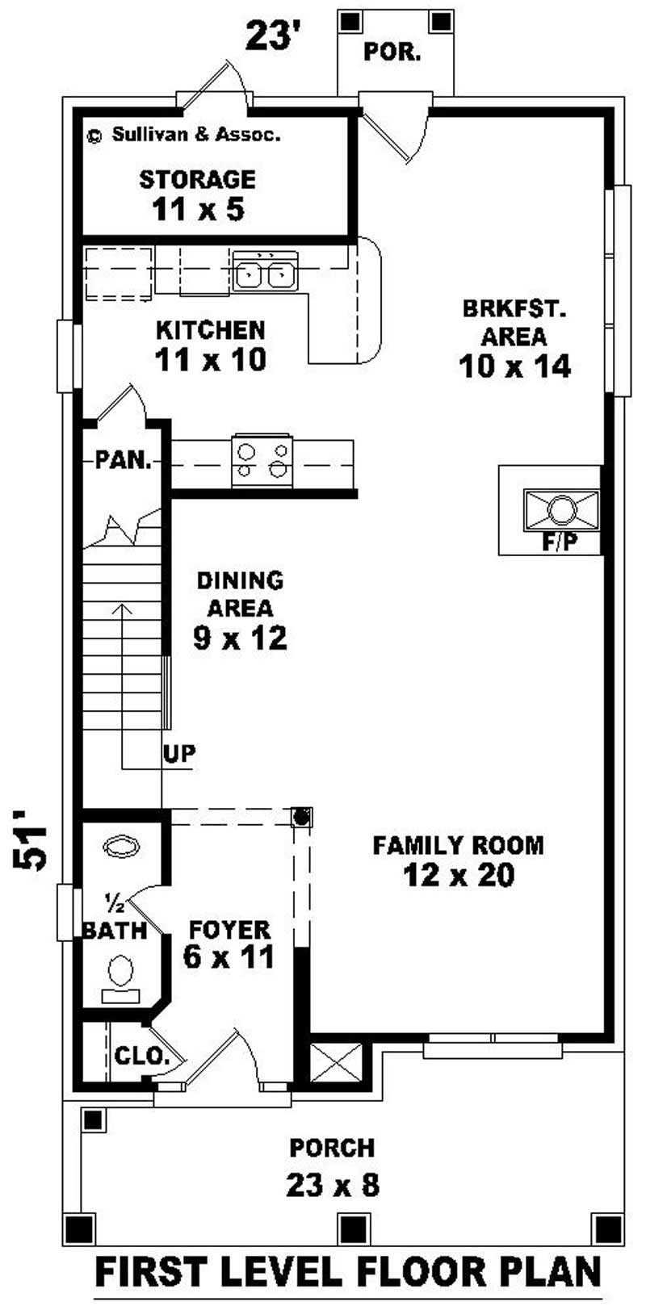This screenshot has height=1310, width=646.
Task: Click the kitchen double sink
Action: point(265,272)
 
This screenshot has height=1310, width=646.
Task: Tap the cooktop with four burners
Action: point(262,462)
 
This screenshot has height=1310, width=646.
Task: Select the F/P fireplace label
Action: point(560,543)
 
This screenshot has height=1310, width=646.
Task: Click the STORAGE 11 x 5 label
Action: point(198,195)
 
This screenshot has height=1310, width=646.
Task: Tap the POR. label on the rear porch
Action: point(392,52)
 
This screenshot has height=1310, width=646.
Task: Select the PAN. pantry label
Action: point(124,461)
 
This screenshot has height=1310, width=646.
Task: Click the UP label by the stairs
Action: point(179,753)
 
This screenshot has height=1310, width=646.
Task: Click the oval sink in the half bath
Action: point(122,847)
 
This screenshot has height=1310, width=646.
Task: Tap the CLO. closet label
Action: point(141,1055)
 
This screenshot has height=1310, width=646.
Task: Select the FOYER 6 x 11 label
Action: point(229,944)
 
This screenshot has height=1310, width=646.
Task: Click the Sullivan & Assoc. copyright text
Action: point(184,135)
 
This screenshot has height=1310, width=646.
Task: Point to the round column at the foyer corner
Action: point(301,817)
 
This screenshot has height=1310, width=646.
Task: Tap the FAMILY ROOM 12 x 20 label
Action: point(458,860)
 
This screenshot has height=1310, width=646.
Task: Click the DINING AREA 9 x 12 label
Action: point(240,609)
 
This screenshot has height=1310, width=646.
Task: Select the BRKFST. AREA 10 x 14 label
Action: point(514,337)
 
